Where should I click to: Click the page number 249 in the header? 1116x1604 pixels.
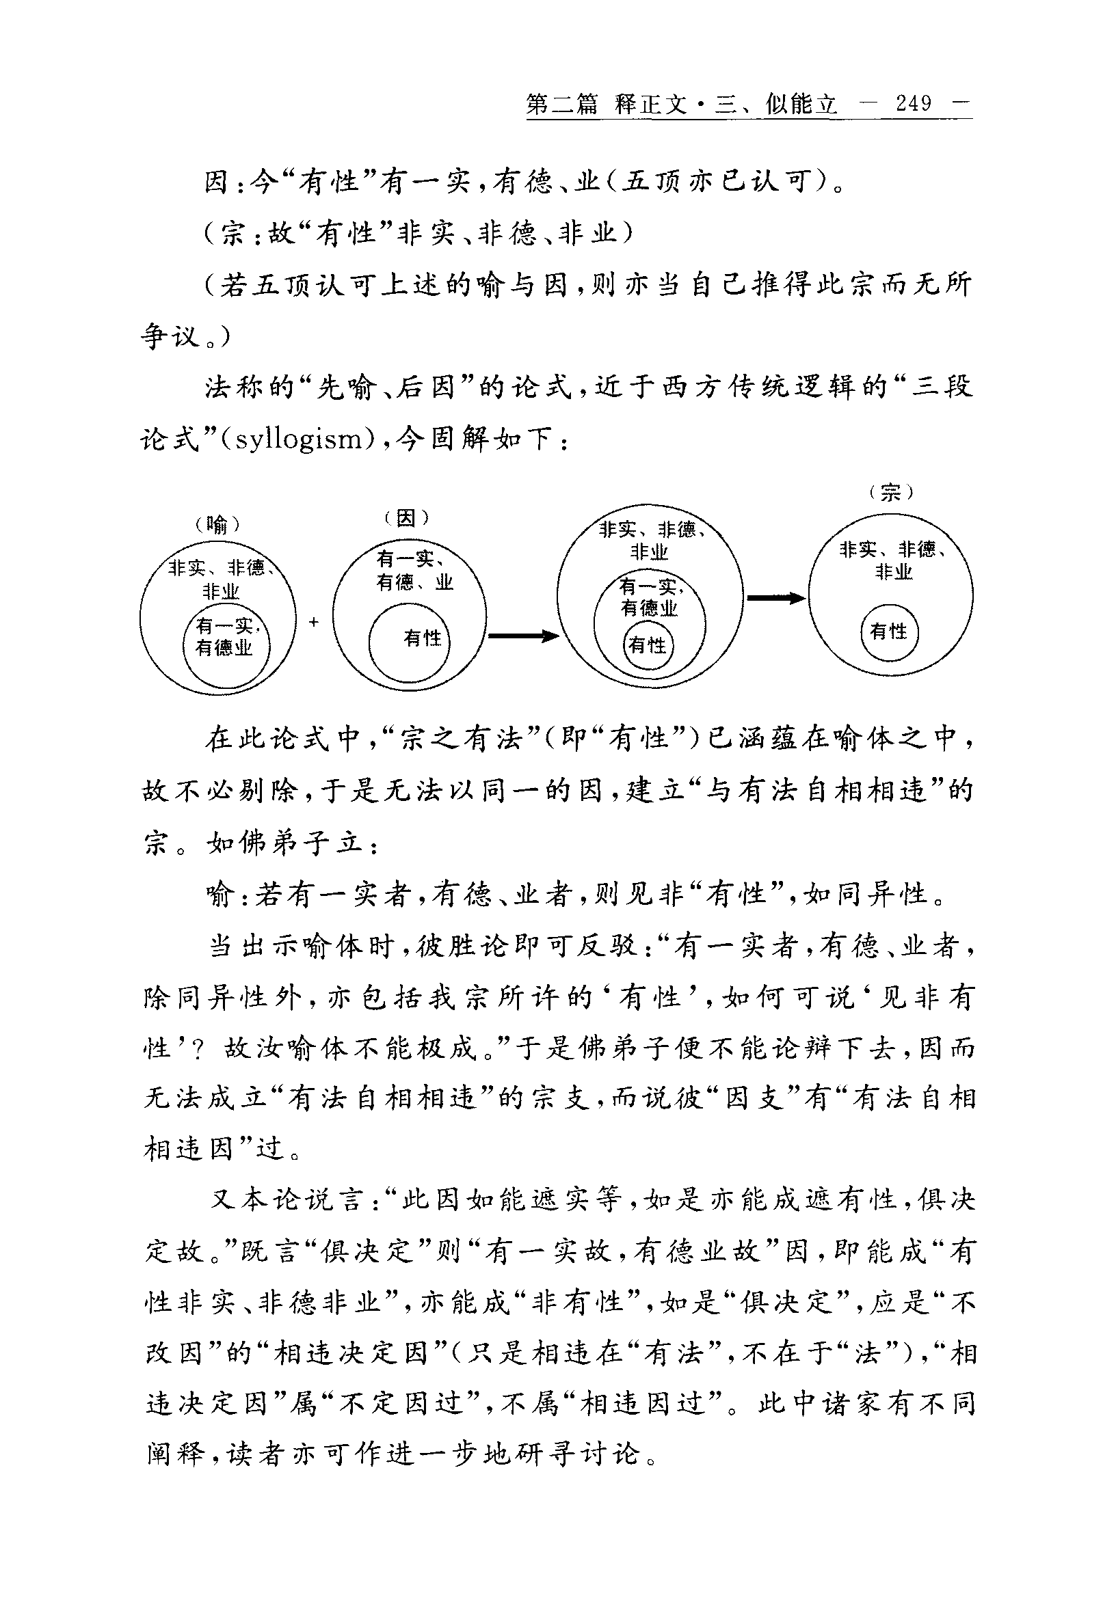pyautogui.click(x=914, y=105)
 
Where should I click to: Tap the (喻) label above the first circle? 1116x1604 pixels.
pyautogui.click(x=217, y=524)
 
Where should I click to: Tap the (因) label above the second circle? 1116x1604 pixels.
pyautogui.click(x=406, y=517)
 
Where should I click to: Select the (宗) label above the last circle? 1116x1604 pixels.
pyautogui.click(x=891, y=493)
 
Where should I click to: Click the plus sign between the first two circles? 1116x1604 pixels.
pyautogui.click(x=314, y=621)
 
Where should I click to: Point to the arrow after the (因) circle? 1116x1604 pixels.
pyautogui.click(x=522, y=636)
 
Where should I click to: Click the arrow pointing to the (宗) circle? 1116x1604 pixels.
pyautogui.click(x=775, y=597)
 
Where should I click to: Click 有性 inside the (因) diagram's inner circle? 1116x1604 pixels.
pyautogui.click(x=422, y=638)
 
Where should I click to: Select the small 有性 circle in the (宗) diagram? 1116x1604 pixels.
pyautogui.click(x=888, y=632)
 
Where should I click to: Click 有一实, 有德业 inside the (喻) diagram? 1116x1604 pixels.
pyautogui.click(x=225, y=637)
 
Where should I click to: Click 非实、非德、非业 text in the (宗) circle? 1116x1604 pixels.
pyautogui.click(x=893, y=560)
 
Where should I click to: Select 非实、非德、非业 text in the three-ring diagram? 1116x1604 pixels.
pyautogui.click(x=650, y=541)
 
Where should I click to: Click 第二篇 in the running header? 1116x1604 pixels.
pyautogui.click(x=562, y=105)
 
